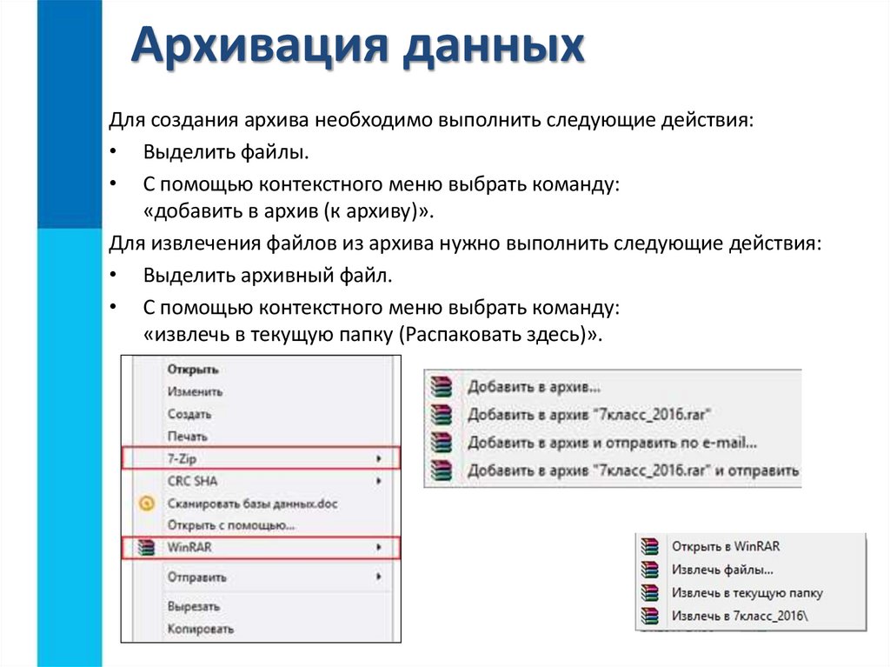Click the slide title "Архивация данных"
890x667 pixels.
click(357, 47)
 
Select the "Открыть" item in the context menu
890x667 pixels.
click(192, 370)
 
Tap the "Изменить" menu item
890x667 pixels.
click(195, 392)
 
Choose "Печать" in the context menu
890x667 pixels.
click(187, 436)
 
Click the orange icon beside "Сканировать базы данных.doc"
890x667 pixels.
click(148, 504)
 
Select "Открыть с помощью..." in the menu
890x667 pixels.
click(231, 525)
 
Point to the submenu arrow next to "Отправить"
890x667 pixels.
click(378, 577)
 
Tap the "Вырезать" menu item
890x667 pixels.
click(193, 606)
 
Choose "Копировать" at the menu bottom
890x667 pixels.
click(200, 628)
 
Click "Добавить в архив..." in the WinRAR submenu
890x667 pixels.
click(534, 386)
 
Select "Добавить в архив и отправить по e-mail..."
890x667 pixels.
click(612, 443)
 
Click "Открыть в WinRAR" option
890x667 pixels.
click(726, 546)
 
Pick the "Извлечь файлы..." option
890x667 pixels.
click(722, 570)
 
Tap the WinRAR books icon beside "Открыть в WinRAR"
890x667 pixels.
click(648, 547)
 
